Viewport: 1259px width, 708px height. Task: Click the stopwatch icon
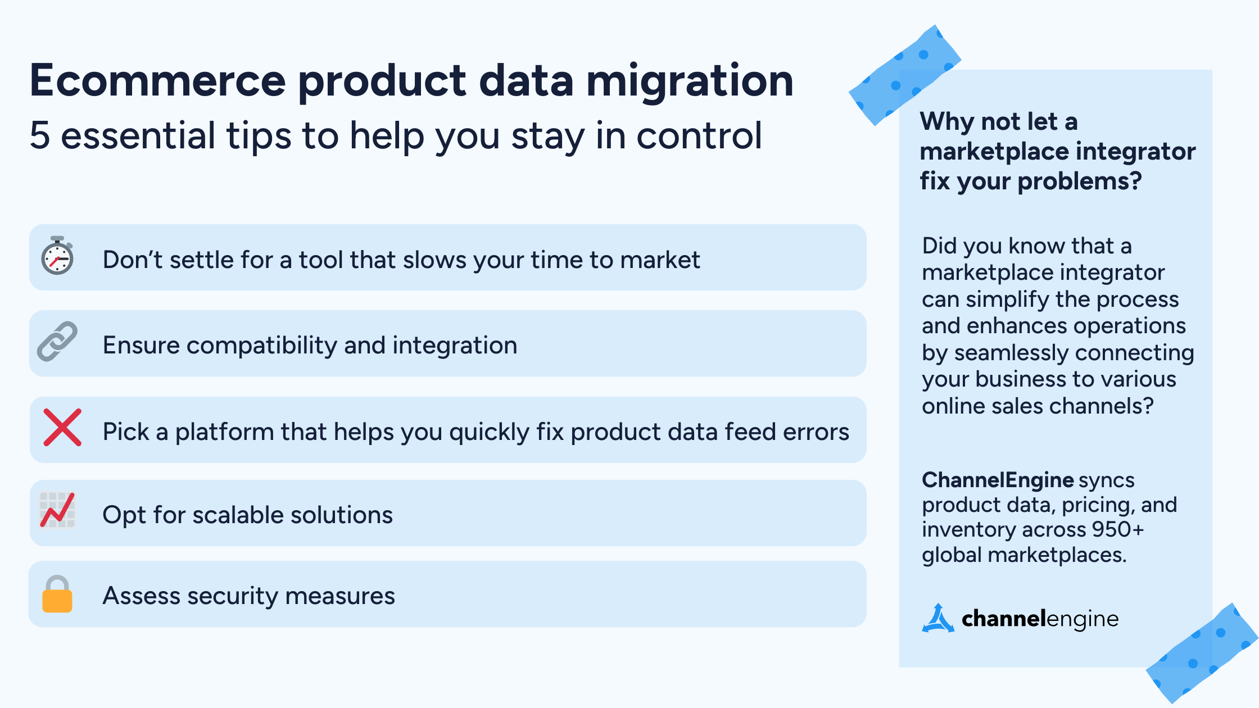point(57,256)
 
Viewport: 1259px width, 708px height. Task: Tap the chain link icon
point(57,341)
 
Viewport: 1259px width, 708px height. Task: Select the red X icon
point(62,428)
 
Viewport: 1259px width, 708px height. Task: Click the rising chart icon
point(57,510)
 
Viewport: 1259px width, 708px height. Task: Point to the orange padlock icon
point(57,594)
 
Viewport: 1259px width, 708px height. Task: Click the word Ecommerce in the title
point(158,80)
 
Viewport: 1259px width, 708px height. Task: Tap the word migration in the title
point(690,80)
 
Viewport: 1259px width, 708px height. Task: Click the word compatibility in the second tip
point(261,345)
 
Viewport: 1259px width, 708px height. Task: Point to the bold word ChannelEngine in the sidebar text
point(998,480)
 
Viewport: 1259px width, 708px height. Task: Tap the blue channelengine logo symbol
point(938,619)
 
